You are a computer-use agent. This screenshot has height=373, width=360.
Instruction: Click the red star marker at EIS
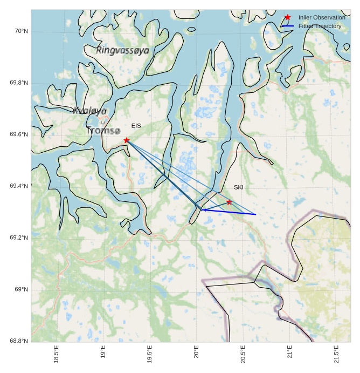(127, 140)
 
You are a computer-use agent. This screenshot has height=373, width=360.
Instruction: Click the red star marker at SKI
(229, 202)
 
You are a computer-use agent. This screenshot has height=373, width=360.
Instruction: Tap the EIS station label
(136, 126)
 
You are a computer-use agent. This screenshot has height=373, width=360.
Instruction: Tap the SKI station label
(239, 187)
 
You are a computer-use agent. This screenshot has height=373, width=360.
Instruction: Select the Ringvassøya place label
(122, 50)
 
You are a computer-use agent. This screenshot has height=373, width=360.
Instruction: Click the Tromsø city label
(103, 131)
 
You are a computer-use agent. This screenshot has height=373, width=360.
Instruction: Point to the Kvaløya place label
(89, 111)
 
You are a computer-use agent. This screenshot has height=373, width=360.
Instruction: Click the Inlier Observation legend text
(322, 17)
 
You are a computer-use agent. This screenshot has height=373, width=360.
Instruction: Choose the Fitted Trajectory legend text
(320, 26)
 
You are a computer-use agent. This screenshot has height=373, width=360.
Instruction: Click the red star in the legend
(287, 17)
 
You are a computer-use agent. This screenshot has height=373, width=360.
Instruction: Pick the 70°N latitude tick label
(21, 31)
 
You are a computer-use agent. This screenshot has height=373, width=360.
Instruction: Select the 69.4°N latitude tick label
(19, 186)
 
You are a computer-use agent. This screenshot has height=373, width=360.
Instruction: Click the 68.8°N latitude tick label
(19, 341)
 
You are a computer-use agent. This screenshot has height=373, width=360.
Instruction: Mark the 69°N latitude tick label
(22, 290)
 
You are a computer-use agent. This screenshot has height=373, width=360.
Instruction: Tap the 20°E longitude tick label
(196, 354)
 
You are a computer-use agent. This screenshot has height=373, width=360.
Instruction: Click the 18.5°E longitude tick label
(56, 354)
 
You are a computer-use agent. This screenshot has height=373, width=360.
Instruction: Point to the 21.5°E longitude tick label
(336, 354)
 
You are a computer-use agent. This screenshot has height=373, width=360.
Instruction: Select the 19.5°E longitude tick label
(149, 354)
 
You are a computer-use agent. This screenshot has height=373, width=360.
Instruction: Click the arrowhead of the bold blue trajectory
(203, 209)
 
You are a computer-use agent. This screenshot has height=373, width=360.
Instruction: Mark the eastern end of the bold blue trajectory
(255, 214)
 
